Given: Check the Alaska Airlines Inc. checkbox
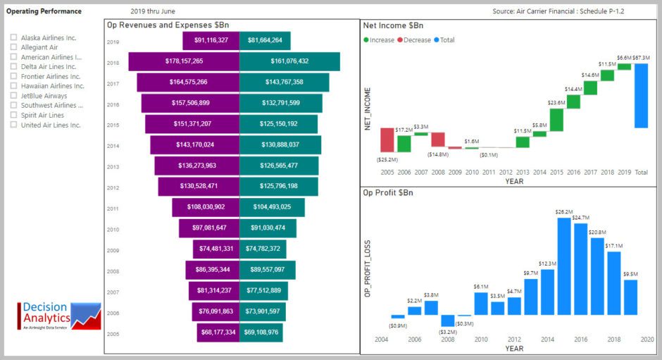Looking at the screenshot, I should (13, 38).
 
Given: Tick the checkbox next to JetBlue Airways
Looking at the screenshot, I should (13, 96).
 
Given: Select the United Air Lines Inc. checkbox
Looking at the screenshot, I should (13, 125).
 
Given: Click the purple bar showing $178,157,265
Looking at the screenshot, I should (184, 61).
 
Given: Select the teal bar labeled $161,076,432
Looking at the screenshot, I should (289, 61).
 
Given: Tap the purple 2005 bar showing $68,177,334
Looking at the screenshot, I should (218, 333).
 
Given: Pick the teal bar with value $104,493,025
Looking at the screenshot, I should (272, 207).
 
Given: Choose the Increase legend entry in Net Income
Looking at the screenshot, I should (378, 40).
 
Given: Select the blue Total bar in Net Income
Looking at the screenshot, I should (641, 96).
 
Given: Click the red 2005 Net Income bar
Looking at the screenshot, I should (387, 139).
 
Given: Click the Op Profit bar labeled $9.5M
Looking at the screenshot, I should (630, 297).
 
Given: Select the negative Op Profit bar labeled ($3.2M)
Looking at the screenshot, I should (448, 321).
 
